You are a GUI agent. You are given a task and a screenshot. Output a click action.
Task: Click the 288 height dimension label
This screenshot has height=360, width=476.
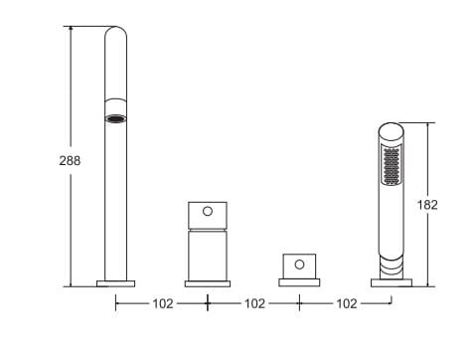click(x=70, y=161)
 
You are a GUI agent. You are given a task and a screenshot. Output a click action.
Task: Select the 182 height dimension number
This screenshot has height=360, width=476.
click(x=427, y=205)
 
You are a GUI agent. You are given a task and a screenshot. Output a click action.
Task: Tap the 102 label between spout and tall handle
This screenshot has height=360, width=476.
click(x=163, y=303)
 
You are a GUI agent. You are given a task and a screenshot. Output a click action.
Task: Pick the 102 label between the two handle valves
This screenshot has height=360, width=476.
click(x=254, y=303)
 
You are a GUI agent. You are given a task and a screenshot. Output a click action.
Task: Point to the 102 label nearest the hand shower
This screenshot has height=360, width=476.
click(x=347, y=303)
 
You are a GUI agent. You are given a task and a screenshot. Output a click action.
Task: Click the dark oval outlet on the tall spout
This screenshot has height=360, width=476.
click(x=115, y=118)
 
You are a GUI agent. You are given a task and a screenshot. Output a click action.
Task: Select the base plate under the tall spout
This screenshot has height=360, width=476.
click(x=115, y=283)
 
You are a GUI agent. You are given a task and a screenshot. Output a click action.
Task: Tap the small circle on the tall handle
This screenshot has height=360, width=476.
click(x=208, y=211)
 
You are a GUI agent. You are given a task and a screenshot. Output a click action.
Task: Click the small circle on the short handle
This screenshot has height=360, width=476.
click(x=299, y=265)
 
